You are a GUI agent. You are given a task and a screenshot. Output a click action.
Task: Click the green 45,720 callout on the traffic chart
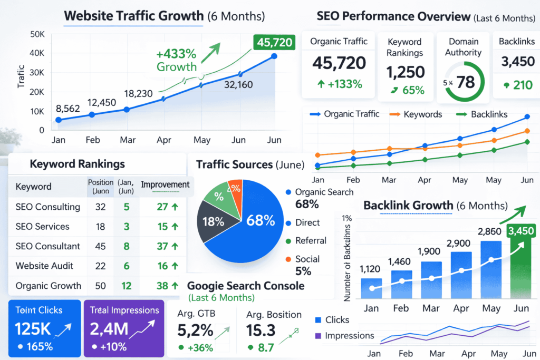(x=273, y=42)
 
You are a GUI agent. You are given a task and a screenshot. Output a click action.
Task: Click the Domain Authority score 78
(x=466, y=82)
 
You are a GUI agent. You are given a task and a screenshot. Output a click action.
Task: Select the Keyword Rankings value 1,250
(x=405, y=72)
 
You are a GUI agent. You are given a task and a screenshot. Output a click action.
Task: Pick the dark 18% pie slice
(x=213, y=221)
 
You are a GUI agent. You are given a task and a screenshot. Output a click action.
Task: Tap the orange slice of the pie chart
(x=234, y=189)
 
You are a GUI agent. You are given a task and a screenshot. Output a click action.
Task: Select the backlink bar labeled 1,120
(x=371, y=288)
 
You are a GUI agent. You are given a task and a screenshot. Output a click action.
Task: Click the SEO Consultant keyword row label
(x=48, y=246)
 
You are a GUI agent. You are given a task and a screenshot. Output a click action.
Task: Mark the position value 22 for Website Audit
(x=100, y=266)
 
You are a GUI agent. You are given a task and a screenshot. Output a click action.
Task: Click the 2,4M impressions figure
(x=109, y=329)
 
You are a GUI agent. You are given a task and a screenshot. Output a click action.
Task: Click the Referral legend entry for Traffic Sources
(x=311, y=241)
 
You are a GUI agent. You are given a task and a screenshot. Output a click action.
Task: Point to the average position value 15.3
(x=261, y=330)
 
